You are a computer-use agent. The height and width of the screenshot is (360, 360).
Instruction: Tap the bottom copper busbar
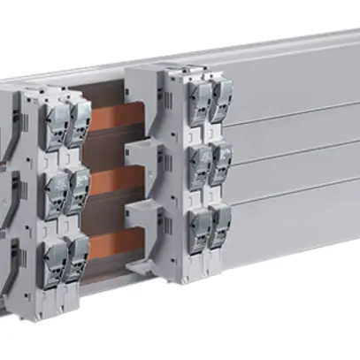(x=110, y=241)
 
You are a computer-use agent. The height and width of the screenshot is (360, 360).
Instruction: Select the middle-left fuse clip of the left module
(x=56, y=188)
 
